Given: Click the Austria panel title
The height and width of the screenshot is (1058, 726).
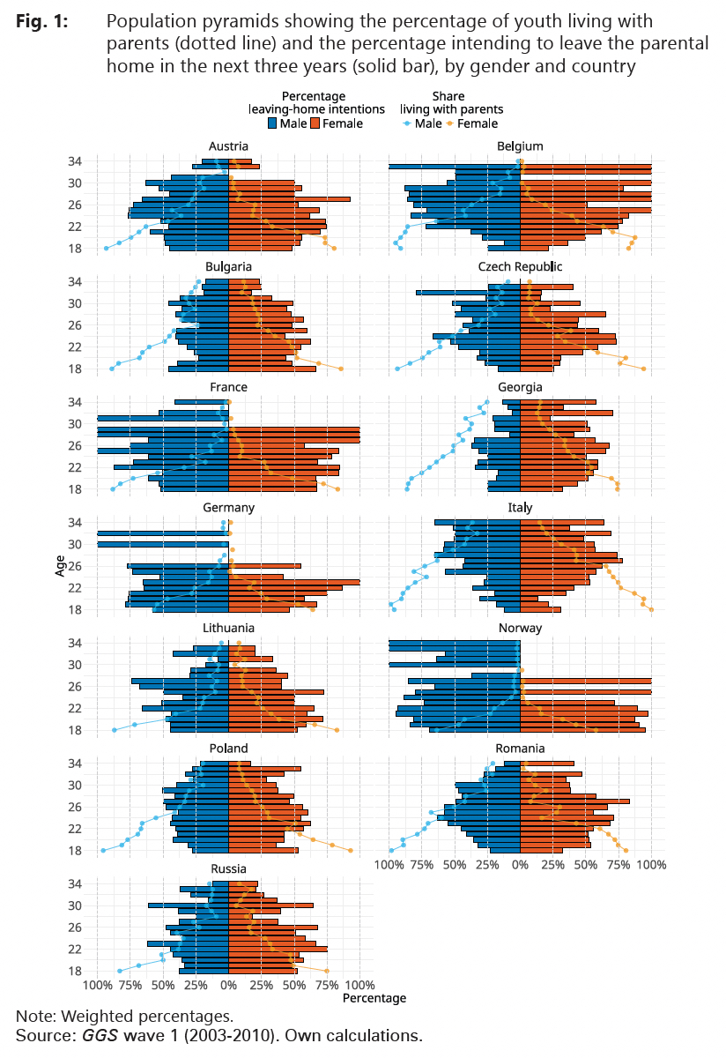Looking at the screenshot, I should (228, 146).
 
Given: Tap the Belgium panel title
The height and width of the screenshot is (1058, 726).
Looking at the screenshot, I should (520, 146).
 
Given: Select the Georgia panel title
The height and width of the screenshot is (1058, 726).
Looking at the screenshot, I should (520, 387).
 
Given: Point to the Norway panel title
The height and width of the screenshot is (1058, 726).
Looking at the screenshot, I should (520, 629).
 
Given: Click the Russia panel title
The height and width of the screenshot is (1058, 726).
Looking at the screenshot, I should (228, 869).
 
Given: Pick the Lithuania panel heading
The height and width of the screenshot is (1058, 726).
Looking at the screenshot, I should (228, 629).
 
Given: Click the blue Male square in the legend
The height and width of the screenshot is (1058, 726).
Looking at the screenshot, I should (272, 123).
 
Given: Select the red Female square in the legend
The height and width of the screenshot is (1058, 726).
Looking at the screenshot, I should (315, 123).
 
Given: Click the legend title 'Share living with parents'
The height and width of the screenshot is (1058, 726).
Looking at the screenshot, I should (450, 102).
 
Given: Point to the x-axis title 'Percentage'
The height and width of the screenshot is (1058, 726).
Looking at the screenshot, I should (374, 999).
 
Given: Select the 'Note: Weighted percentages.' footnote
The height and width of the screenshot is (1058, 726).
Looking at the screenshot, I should (124, 1016).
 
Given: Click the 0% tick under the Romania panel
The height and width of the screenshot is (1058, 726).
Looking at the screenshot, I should (520, 866).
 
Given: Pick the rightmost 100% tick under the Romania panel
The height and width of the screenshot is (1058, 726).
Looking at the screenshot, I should (651, 866).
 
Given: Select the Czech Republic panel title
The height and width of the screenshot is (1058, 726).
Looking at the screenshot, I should (520, 267).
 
